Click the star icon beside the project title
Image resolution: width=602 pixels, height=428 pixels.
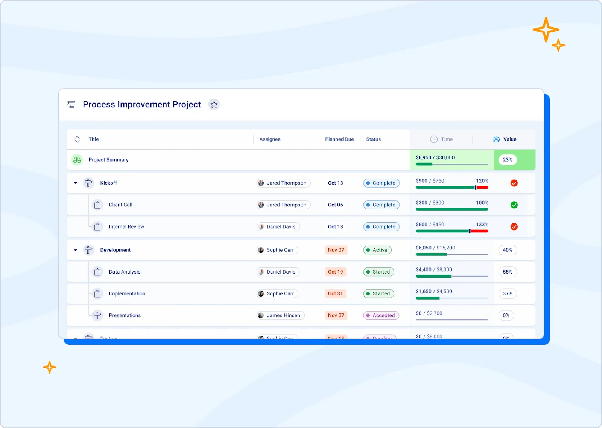214,104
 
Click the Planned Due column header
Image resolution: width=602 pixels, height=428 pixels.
339,139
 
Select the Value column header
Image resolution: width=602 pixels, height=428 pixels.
509,139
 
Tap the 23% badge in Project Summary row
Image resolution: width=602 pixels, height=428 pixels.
507,160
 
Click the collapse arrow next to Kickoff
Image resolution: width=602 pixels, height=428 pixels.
76,183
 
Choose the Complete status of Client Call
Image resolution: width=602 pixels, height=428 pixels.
381,205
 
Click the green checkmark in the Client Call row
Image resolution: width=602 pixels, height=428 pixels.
514,205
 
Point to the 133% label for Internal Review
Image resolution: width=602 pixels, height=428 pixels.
482,224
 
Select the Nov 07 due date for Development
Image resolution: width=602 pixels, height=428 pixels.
336,250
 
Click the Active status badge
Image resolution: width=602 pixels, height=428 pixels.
377,250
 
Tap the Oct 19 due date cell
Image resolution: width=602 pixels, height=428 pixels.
335,272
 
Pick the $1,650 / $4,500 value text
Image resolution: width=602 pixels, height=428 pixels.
434,291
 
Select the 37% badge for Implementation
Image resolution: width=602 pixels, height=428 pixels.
507,293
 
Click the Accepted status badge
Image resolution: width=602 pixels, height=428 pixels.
381,315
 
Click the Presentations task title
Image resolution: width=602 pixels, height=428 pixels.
125,315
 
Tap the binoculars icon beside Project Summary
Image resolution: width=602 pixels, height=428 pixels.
77,160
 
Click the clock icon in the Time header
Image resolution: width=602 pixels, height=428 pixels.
434,139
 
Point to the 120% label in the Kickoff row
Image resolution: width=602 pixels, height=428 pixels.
482,180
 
